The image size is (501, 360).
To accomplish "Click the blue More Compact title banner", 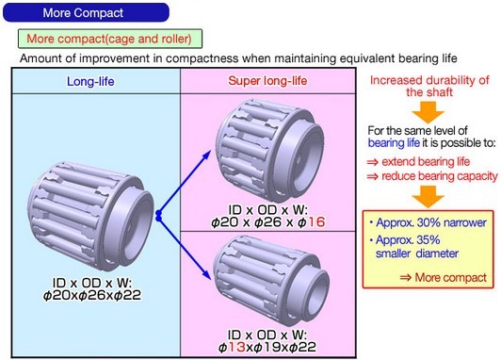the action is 86,13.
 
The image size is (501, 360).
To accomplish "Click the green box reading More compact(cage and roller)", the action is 110,39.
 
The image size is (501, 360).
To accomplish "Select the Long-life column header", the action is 90,82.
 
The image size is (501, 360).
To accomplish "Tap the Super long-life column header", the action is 267,81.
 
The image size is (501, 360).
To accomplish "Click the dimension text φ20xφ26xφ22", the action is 92,295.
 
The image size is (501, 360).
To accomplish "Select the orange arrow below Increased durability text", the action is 428,112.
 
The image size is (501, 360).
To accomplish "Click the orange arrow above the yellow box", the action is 428,197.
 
